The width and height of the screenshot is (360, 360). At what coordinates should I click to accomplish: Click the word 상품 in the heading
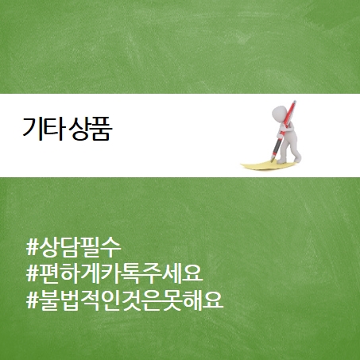pos(91,129)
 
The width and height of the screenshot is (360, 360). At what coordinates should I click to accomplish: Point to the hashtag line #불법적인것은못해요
pos(125,300)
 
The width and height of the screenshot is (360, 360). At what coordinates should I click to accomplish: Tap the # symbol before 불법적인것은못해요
pos(33,300)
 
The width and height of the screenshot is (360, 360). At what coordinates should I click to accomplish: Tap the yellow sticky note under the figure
pos(268,165)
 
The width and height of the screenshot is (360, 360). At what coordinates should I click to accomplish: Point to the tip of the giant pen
pos(272,161)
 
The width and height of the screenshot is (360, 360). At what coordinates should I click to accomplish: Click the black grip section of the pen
pos(277,146)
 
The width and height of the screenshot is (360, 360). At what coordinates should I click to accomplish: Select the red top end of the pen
pos(294,103)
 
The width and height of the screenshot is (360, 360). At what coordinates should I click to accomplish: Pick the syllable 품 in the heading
pos(102,130)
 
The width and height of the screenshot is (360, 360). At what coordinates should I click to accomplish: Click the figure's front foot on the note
pos(281,161)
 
